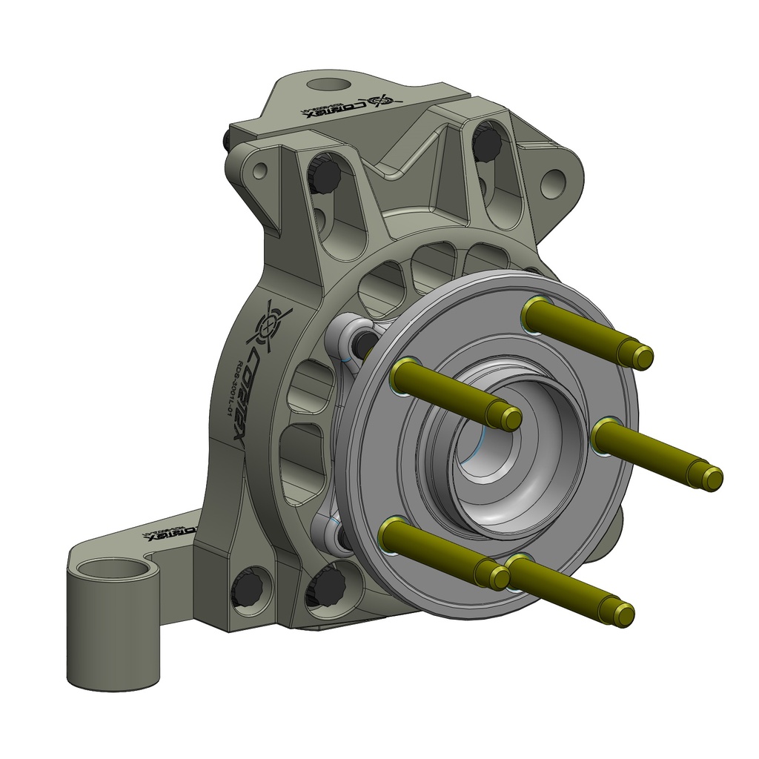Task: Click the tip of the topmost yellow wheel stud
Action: pyautogui.click(x=642, y=357)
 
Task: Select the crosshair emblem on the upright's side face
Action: pyautogui.click(x=271, y=325)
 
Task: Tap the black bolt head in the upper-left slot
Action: pyautogui.click(x=324, y=175)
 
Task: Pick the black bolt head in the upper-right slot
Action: pyautogui.click(x=487, y=144)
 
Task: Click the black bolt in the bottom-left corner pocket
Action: pyautogui.click(x=248, y=589)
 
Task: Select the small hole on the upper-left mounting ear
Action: pyautogui.click(x=259, y=172)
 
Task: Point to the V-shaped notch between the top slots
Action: pyautogui.click(x=393, y=173)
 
